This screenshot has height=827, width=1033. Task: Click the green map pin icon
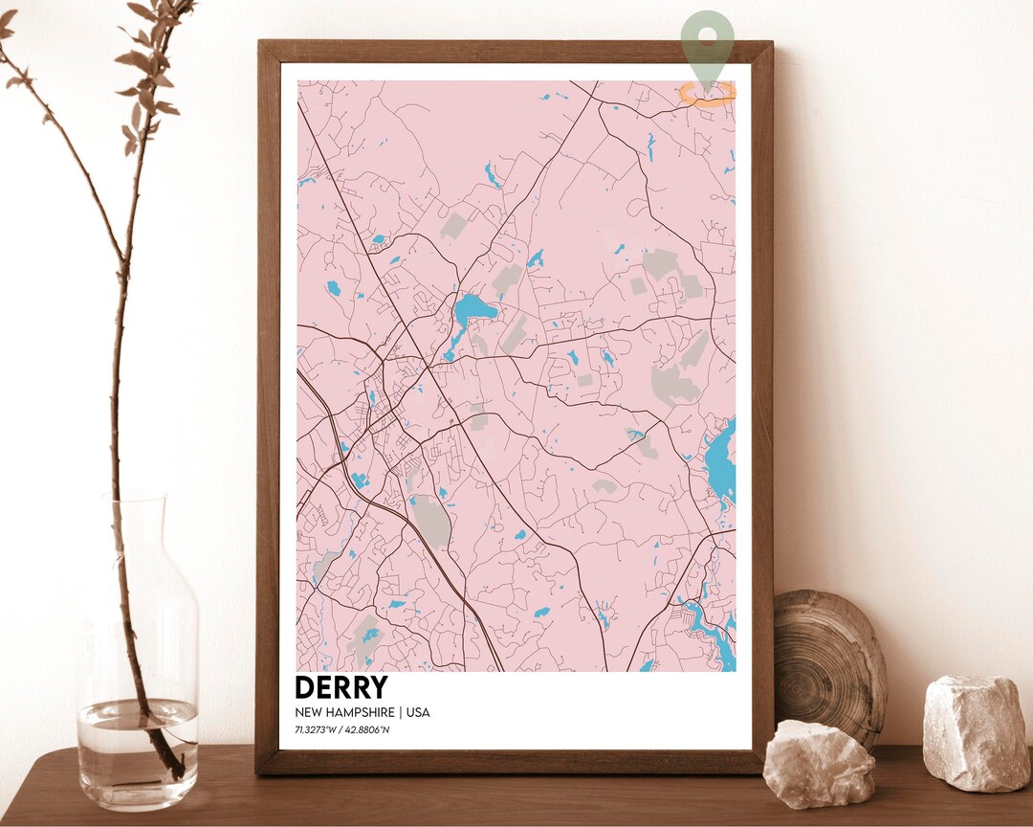[708, 36]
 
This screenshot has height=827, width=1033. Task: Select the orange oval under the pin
[708, 92]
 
